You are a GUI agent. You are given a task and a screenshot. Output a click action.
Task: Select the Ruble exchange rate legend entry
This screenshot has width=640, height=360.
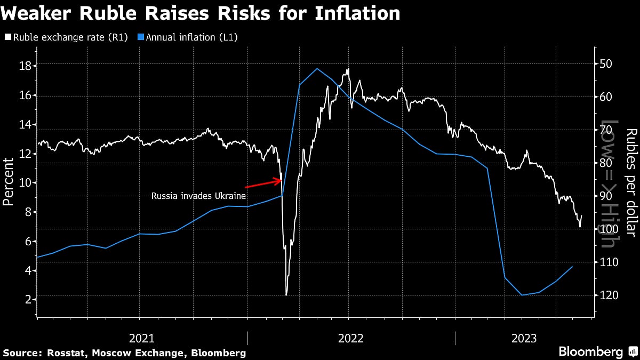(x=67, y=37)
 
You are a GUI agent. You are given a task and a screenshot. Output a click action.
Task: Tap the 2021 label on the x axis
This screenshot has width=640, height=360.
(x=142, y=338)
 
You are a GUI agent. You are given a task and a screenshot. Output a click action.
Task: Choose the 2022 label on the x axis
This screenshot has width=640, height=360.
(x=350, y=338)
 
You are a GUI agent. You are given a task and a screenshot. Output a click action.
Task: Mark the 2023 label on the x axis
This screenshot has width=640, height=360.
(x=524, y=338)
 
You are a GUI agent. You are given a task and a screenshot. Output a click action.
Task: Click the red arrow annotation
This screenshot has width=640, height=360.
(x=263, y=184)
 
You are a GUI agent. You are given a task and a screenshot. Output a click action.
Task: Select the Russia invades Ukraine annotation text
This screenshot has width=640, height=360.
(x=198, y=196)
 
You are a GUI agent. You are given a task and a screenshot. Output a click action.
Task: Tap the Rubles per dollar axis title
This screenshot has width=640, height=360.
(x=630, y=182)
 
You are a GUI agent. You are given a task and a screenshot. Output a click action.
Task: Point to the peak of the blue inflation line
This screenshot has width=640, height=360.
(x=317, y=68)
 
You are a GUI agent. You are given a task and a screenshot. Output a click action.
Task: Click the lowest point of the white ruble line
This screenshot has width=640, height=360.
(x=286, y=294)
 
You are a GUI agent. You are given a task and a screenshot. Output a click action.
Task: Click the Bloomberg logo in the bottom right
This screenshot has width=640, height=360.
(x=590, y=352)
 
